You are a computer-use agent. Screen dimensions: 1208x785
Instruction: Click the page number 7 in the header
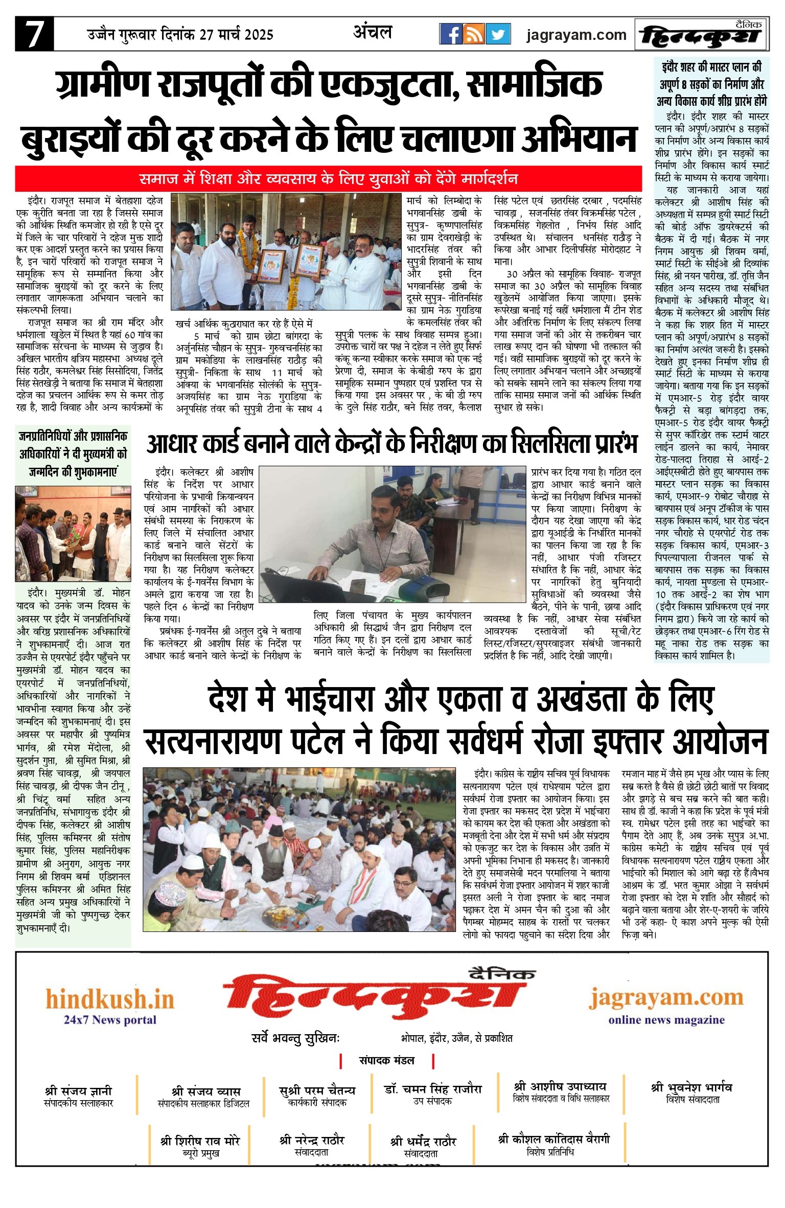pos(34,34)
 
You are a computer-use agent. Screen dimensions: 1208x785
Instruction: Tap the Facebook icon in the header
pos(451,34)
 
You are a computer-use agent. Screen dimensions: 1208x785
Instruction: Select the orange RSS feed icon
pos(474,34)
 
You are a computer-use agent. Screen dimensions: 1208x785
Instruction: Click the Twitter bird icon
pos(498,34)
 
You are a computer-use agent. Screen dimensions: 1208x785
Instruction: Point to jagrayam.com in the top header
pos(576,35)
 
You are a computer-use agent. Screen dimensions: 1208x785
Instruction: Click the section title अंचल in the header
pos(373,33)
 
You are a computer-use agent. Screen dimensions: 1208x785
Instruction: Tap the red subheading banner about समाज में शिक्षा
pos(328,179)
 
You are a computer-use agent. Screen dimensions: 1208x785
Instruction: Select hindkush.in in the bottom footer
pos(110,999)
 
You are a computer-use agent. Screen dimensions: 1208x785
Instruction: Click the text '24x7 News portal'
pos(110,1020)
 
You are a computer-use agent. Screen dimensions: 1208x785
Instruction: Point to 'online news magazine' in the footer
pos(666,1020)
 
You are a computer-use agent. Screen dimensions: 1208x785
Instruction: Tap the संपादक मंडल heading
pos(386,1061)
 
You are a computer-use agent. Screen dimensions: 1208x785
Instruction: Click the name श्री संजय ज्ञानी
pos(78,1090)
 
